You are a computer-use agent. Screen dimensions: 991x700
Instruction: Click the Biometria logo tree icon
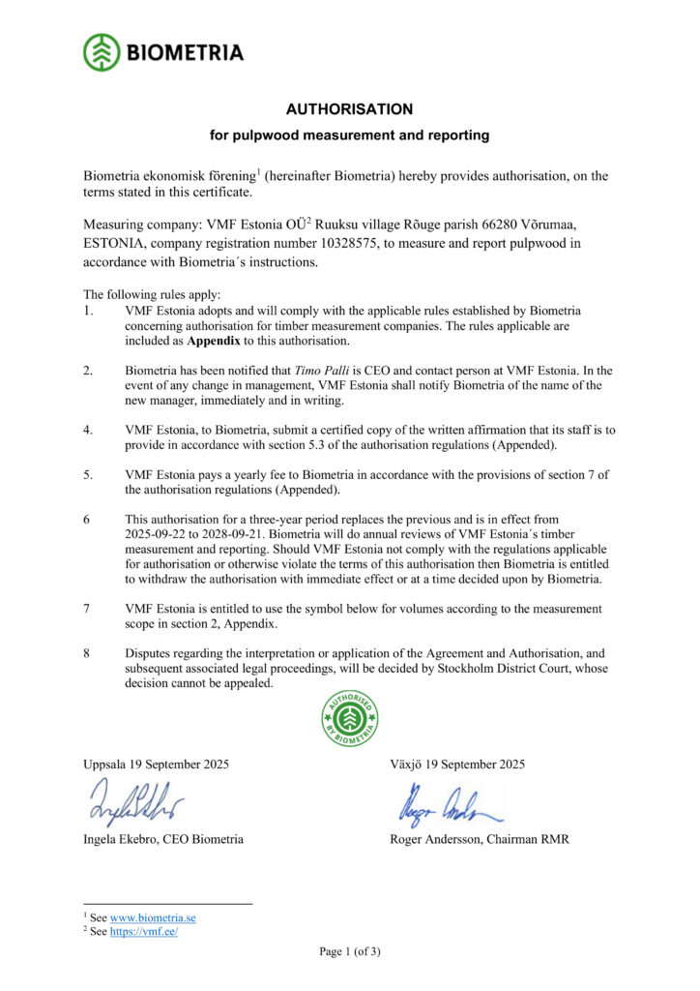click(x=102, y=52)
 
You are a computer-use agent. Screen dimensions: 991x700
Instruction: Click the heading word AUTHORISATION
click(x=349, y=109)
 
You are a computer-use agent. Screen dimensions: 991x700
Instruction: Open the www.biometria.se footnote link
click(x=153, y=916)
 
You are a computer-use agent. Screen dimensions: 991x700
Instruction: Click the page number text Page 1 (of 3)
click(x=350, y=951)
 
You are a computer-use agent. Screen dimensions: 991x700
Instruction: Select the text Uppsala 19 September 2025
click(x=157, y=764)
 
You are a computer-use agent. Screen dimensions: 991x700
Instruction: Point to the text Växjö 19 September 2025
click(x=457, y=764)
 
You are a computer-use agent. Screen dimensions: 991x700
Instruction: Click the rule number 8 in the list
click(x=87, y=653)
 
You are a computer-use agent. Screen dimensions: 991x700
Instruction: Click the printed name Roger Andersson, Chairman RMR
click(x=479, y=839)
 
